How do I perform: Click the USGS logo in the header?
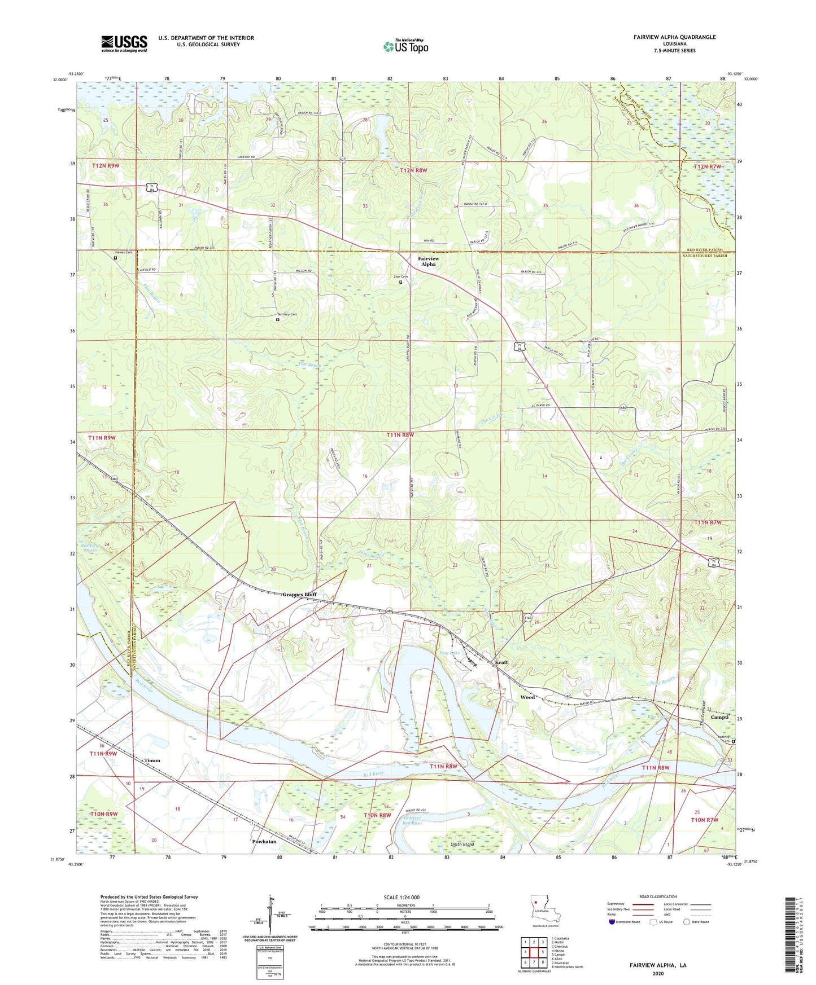pos(124,43)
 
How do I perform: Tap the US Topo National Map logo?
pos(405,46)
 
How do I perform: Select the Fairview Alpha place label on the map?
pos(428,261)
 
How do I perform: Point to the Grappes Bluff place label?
pos(299,595)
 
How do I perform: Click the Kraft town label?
pos(501,662)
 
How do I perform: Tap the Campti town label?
pos(719,718)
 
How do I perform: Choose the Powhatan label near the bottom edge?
pos(264,841)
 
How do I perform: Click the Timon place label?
pos(152,760)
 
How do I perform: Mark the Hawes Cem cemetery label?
pos(124,252)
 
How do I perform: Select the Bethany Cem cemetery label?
pos(286,314)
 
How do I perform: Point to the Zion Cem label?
pos(400,276)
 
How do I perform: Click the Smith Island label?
pos(462,845)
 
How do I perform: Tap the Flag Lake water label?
pos(450,653)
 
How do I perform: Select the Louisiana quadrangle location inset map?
pos(545,910)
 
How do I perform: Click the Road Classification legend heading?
pos(658,896)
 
